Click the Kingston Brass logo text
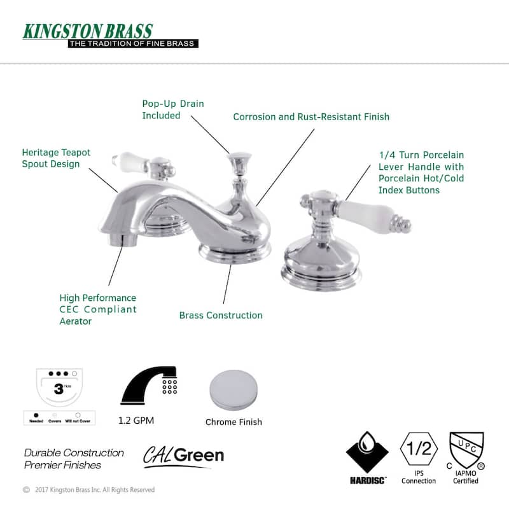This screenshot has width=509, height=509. (x=88, y=31)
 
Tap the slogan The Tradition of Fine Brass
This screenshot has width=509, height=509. (x=133, y=43)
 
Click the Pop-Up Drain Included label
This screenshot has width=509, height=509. (x=173, y=109)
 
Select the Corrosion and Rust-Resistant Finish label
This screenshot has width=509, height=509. (x=311, y=116)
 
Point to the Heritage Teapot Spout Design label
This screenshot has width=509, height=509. (x=56, y=158)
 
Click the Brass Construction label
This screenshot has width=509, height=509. (x=221, y=315)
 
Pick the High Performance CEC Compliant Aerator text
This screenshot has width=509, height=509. (x=97, y=309)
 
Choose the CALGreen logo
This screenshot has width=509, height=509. (x=183, y=456)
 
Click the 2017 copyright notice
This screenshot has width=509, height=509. (x=89, y=490)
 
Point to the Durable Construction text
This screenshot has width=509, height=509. (x=74, y=453)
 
